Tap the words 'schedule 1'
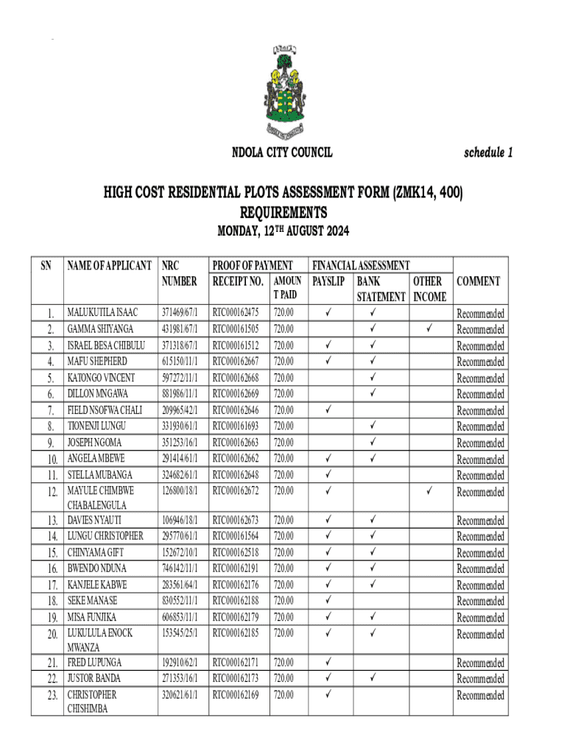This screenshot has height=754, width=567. coord(487,152)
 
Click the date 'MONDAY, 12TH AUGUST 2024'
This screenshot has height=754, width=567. coord(283,231)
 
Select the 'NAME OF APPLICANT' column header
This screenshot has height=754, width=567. coord(109,264)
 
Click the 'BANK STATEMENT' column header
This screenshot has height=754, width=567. coord(381,289)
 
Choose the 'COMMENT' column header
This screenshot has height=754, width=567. coord(479,281)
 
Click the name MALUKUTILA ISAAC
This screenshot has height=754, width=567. coord(102,313)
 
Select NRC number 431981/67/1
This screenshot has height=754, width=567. coord(180,329)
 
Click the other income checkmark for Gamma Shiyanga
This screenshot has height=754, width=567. coord(429,328)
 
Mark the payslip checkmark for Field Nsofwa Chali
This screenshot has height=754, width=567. coord(328,409)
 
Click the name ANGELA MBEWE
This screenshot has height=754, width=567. coord(96,459)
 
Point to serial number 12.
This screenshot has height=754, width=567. coord(52,491)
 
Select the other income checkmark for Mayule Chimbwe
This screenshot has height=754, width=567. coord(429,490)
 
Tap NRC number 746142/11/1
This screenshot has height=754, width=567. coord(180,568)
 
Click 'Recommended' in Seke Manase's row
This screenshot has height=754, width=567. coord(481,602)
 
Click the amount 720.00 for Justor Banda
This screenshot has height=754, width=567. coord(284,678)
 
